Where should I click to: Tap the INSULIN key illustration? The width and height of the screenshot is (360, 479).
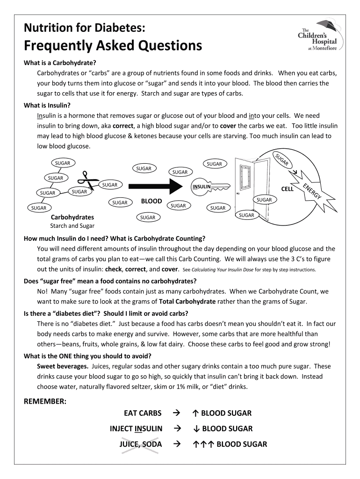pos(210,187)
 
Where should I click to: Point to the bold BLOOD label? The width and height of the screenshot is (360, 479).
pos(151,201)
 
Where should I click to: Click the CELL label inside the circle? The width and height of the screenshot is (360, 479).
pos(287,189)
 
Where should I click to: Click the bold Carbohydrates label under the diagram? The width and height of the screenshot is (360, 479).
pos(72,217)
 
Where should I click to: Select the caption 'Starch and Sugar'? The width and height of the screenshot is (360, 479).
pos(72,226)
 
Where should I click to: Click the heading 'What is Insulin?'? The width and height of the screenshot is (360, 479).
pos(47,105)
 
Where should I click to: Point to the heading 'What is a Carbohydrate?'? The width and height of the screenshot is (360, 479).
pos(60,63)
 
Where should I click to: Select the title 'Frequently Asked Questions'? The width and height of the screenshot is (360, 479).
pos(113,46)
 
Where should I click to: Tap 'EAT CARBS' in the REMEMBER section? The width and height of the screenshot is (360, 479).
pos(143,413)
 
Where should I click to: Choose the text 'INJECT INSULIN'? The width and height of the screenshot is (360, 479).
pos(136,428)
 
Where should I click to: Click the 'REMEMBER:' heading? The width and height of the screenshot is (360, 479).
pos(45,401)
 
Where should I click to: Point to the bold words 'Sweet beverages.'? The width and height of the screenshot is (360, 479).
pos(63,366)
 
